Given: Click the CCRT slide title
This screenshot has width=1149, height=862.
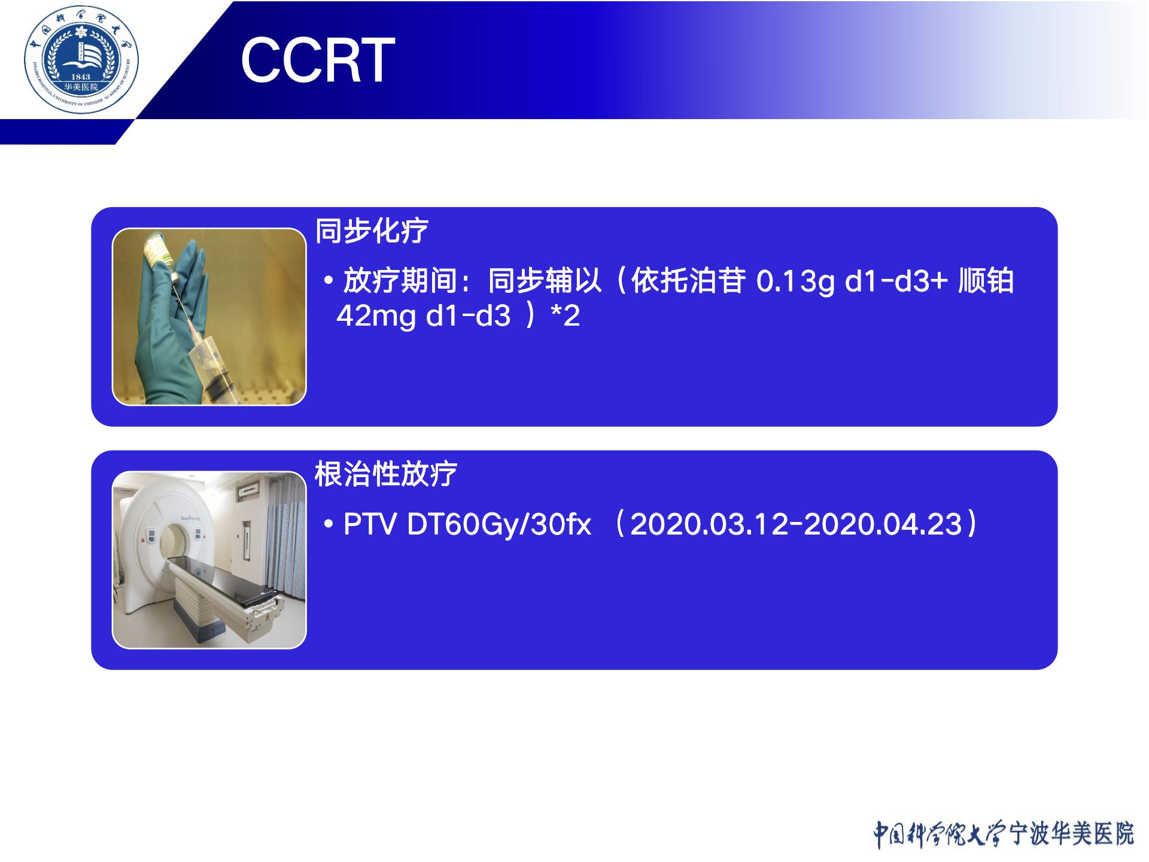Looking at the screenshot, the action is click(318, 60).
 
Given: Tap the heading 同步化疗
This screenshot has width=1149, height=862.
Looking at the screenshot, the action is click(372, 231).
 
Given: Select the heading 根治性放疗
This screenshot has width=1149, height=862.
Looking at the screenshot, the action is click(386, 475).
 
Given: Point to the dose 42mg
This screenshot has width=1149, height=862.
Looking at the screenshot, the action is click(376, 315).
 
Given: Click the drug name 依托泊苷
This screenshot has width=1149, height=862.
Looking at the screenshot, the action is click(688, 281).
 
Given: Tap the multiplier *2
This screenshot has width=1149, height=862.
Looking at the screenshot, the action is click(565, 315).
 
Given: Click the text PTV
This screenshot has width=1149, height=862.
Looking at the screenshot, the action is click(370, 524).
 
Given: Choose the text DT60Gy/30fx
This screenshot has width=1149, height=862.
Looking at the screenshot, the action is click(499, 524).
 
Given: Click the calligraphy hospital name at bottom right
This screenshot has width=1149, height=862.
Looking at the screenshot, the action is click(1004, 834).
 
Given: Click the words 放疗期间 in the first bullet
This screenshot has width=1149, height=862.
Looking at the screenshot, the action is click(400, 281).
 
